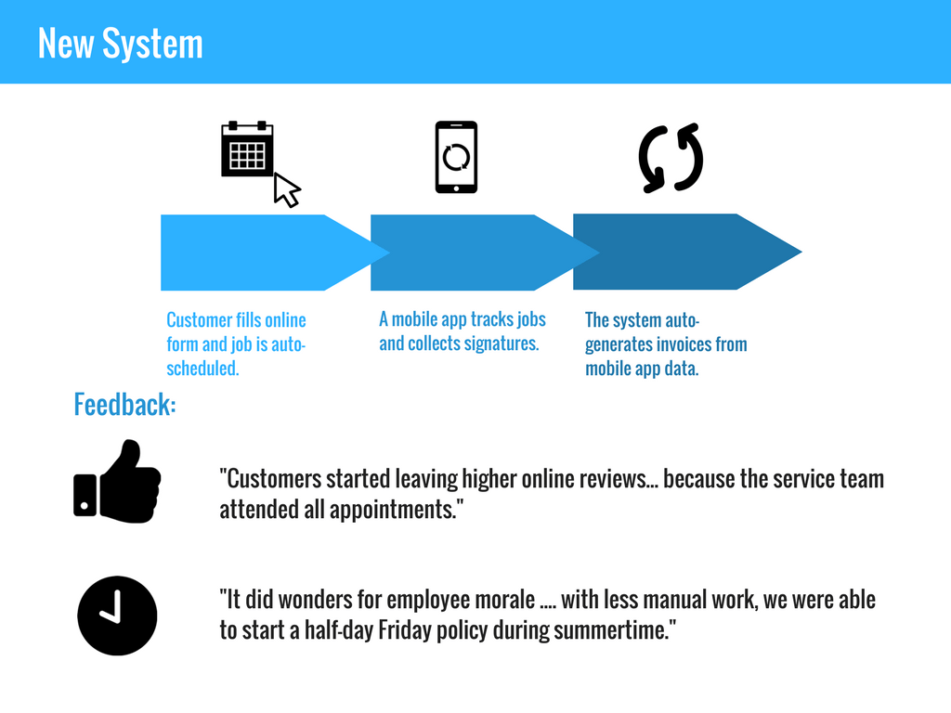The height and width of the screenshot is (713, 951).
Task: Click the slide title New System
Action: click(x=120, y=43)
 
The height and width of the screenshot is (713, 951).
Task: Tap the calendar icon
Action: click(x=247, y=149)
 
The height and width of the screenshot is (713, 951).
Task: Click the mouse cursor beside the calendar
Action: click(x=286, y=189)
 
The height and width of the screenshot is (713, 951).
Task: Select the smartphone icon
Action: click(x=456, y=157)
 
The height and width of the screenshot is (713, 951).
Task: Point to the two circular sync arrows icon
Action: click(x=671, y=158)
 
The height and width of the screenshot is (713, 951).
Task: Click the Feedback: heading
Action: click(x=125, y=405)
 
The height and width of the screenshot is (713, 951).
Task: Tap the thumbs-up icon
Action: click(x=117, y=482)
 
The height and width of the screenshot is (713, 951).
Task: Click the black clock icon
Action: click(x=117, y=616)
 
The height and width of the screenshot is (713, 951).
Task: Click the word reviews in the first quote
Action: click(x=618, y=479)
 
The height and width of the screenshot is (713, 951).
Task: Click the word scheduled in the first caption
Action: click(x=202, y=368)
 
